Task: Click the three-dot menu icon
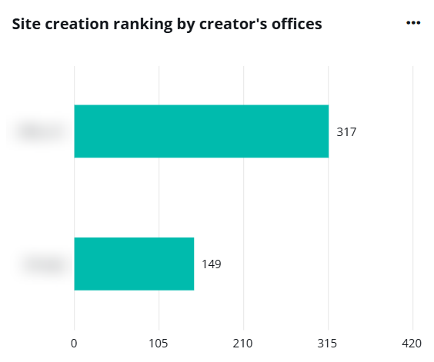pos(413,23)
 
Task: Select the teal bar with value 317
pos(201,131)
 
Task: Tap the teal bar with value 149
pos(134,264)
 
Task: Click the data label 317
pos(346,132)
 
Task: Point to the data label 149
pos(212,264)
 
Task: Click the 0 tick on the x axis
pos(74,342)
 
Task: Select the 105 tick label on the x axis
pos(159,342)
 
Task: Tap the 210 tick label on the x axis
pos(243,342)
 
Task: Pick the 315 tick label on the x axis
pos(329,342)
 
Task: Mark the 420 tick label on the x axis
pos(413,342)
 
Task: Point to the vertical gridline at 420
pos(413,192)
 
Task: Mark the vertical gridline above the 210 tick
pos(244,192)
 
